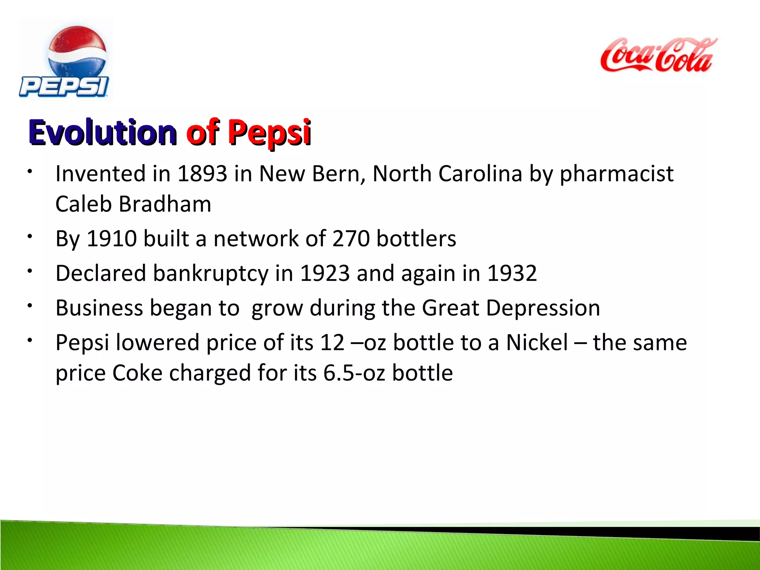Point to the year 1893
pos(202,174)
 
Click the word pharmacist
pos(616,174)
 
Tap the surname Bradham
pos(165,204)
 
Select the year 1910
pos(112,238)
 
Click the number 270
pos(351,238)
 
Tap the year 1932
pos(512,273)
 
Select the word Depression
pos(543,308)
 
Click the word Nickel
pos(537,343)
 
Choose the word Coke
pos(137,373)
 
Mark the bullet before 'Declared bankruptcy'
pos(30,271)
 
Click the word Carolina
pos(480,174)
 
